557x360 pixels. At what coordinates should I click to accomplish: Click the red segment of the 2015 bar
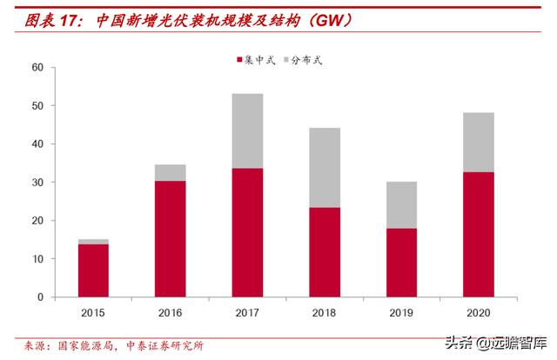pos(93,270)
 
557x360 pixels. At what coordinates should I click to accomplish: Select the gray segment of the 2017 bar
pos(247,131)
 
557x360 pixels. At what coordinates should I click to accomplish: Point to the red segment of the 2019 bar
pos(401,263)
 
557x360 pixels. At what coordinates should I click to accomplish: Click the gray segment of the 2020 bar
pos(478,143)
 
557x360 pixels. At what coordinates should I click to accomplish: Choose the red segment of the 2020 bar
pos(478,235)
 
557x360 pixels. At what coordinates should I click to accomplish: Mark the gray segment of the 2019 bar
pos(401,205)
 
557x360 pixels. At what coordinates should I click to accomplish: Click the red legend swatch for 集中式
pos(239,60)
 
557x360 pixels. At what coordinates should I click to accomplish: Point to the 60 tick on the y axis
pos(37,68)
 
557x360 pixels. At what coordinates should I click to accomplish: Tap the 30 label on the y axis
pos(37,183)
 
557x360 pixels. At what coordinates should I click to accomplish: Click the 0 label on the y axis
pos(40,297)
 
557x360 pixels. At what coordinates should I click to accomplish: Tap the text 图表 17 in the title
pos(45,17)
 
